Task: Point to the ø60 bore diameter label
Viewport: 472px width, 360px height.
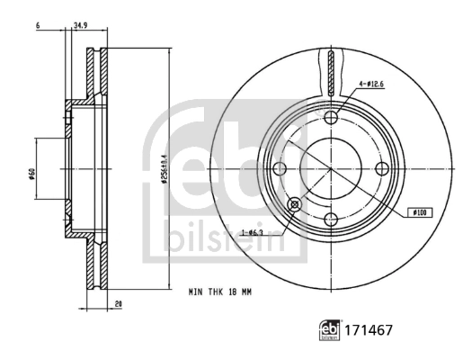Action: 31,170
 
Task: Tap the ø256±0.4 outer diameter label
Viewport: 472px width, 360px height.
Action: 164,170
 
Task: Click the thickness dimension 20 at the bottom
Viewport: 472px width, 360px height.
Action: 118,304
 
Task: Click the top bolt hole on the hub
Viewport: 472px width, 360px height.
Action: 330,118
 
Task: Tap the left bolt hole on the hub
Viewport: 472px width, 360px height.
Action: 279,169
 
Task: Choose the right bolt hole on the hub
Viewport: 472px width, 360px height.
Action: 381,169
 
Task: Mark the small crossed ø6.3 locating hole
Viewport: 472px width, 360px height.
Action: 294,206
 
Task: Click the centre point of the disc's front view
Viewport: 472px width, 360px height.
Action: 330,169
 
